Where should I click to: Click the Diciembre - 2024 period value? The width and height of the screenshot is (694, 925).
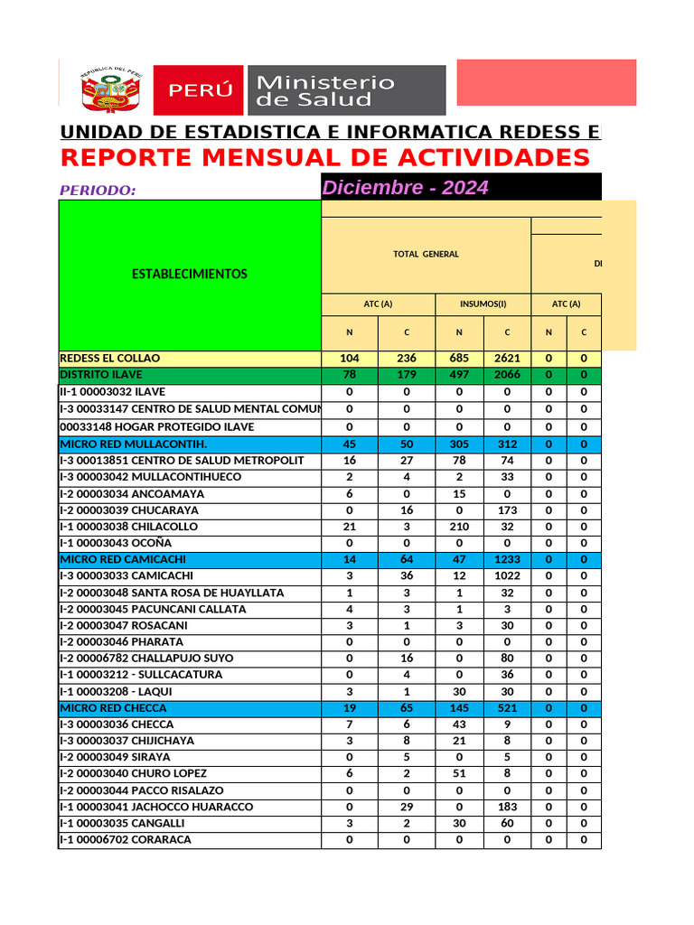(406, 188)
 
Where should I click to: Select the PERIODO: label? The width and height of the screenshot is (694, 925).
(98, 191)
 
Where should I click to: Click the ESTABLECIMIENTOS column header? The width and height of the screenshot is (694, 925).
(190, 274)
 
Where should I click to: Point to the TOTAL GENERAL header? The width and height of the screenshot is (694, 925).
(426, 255)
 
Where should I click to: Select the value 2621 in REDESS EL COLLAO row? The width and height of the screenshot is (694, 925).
(507, 359)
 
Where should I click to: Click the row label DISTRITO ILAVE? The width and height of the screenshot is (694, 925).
(101, 375)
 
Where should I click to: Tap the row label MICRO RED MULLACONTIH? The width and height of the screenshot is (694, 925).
(134, 444)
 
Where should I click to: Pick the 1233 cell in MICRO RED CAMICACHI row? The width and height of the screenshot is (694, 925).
(507, 560)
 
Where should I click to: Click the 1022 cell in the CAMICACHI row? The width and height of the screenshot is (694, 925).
(507, 576)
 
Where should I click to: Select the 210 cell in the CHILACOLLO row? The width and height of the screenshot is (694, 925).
(459, 527)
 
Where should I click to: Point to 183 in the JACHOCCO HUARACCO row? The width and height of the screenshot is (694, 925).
(507, 807)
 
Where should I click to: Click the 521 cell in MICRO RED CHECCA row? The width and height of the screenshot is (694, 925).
(507, 708)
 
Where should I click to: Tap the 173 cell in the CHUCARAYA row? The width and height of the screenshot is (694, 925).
(507, 510)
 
